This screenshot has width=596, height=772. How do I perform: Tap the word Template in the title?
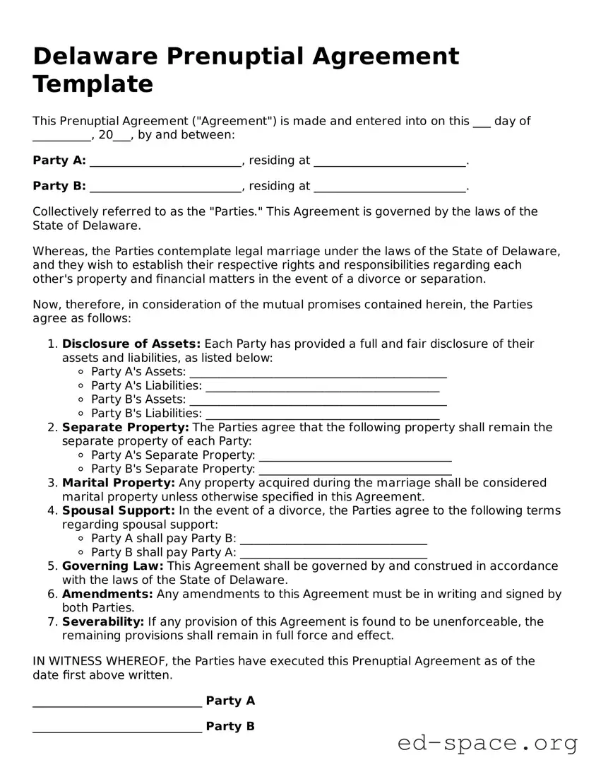coord(93,84)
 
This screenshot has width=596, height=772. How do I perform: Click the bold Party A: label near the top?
coord(59,160)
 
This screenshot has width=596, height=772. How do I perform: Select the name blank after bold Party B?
coord(165,187)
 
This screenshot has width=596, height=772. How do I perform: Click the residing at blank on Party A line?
coord(389,161)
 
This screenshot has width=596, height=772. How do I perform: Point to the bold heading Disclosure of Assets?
coord(131,344)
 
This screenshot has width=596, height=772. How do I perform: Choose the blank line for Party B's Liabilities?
coord(322,414)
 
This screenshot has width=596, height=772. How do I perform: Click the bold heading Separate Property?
coord(125,428)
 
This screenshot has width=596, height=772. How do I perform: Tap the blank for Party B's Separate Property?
coord(355,469)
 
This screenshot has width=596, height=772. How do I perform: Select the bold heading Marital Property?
coord(119,483)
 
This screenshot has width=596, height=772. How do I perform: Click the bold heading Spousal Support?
coord(119,510)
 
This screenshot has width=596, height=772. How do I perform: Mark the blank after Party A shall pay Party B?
coord(333,539)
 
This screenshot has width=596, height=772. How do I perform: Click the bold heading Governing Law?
coord(113,566)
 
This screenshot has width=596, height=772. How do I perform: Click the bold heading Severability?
coord(103,622)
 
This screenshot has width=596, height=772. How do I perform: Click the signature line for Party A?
coord(117,702)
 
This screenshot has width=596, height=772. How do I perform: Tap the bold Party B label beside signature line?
coord(230,727)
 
